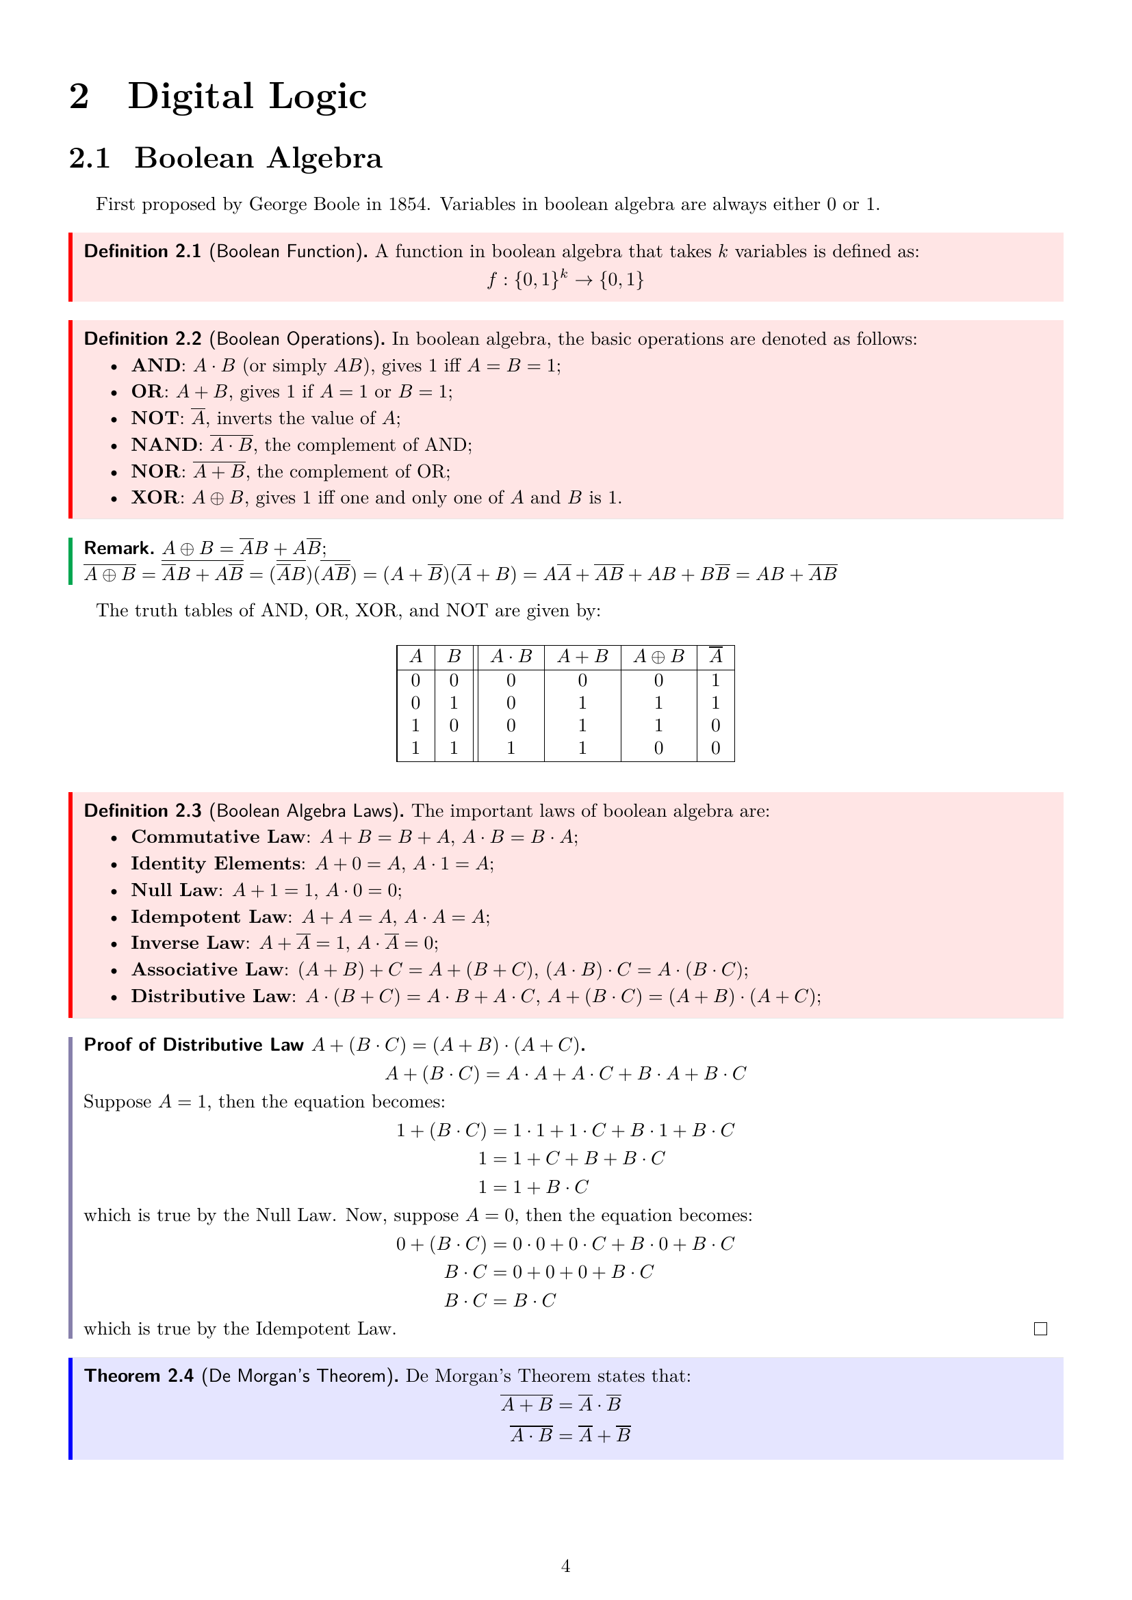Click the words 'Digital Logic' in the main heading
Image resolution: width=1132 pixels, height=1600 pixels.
point(247,96)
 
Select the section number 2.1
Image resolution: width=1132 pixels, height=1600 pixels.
point(89,158)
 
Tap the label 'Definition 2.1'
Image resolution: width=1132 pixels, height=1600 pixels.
point(142,252)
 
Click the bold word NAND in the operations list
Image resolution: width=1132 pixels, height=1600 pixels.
point(164,445)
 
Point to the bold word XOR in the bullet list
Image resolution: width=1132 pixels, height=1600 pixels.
point(155,497)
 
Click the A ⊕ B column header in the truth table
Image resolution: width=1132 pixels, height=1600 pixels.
point(658,657)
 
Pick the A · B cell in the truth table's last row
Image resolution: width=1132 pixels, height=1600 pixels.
point(511,748)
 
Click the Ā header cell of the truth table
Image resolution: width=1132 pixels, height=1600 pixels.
point(715,657)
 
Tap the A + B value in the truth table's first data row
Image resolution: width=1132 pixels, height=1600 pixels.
point(582,680)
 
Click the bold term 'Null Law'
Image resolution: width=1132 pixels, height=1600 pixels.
point(175,890)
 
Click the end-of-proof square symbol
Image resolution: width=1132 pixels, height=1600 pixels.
point(1040,1329)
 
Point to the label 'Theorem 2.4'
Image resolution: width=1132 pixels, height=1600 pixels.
point(139,1376)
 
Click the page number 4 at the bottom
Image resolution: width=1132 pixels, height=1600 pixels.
point(565,1566)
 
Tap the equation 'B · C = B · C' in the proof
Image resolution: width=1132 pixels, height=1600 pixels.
point(500,1300)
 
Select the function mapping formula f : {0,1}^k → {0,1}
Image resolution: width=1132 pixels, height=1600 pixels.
point(565,280)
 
